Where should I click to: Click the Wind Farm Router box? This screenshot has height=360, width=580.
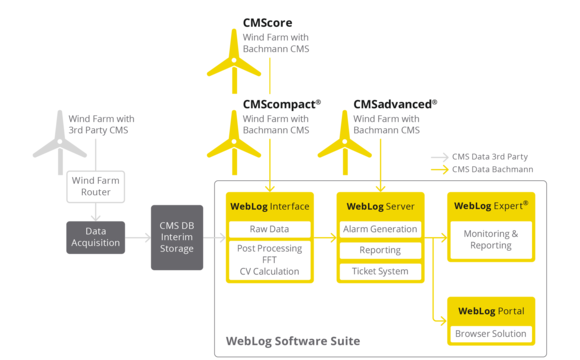coord(97,187)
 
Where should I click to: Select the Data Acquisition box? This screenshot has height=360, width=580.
coord(97,237)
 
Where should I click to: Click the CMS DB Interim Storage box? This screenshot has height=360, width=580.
coord(177,237)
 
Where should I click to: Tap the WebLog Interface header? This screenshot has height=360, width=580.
coord(269,206)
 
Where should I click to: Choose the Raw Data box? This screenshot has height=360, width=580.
coord(269,229)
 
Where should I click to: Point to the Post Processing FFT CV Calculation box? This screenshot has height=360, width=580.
coord(269,260)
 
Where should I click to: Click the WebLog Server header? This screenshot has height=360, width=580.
coord(380,206)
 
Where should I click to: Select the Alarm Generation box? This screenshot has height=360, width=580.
coord(380,229)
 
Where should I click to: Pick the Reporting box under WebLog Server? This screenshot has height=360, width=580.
coord(380,251)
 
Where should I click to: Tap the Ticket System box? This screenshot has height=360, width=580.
coord(380,271)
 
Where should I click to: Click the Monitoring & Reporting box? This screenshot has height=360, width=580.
coord(490,239)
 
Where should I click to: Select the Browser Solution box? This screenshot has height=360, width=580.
coord(490,333)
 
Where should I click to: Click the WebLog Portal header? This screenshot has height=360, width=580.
coord(490,310)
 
